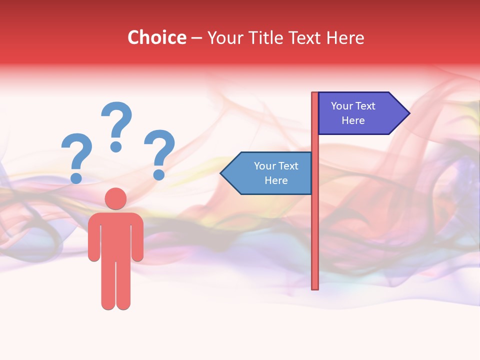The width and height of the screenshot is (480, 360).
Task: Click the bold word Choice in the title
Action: click(156, 37)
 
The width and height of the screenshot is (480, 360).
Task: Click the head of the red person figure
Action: click(115, 198)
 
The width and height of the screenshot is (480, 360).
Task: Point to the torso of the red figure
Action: click(115, 235)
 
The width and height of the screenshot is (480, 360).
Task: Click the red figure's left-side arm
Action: click(93, 240)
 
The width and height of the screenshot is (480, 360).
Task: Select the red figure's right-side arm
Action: click(137, 240)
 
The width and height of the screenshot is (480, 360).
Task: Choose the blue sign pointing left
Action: click(270, 173)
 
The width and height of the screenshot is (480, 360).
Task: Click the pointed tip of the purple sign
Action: click(407, 113)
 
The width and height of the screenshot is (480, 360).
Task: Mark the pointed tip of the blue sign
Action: click(222, 173)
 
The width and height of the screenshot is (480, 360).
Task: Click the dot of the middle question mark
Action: click(116, 146)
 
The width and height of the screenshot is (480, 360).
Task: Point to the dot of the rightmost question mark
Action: click(159, 174)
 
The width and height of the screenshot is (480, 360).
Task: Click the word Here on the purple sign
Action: click(353, 120)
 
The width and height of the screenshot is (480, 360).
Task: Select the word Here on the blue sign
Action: click(276, 180)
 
